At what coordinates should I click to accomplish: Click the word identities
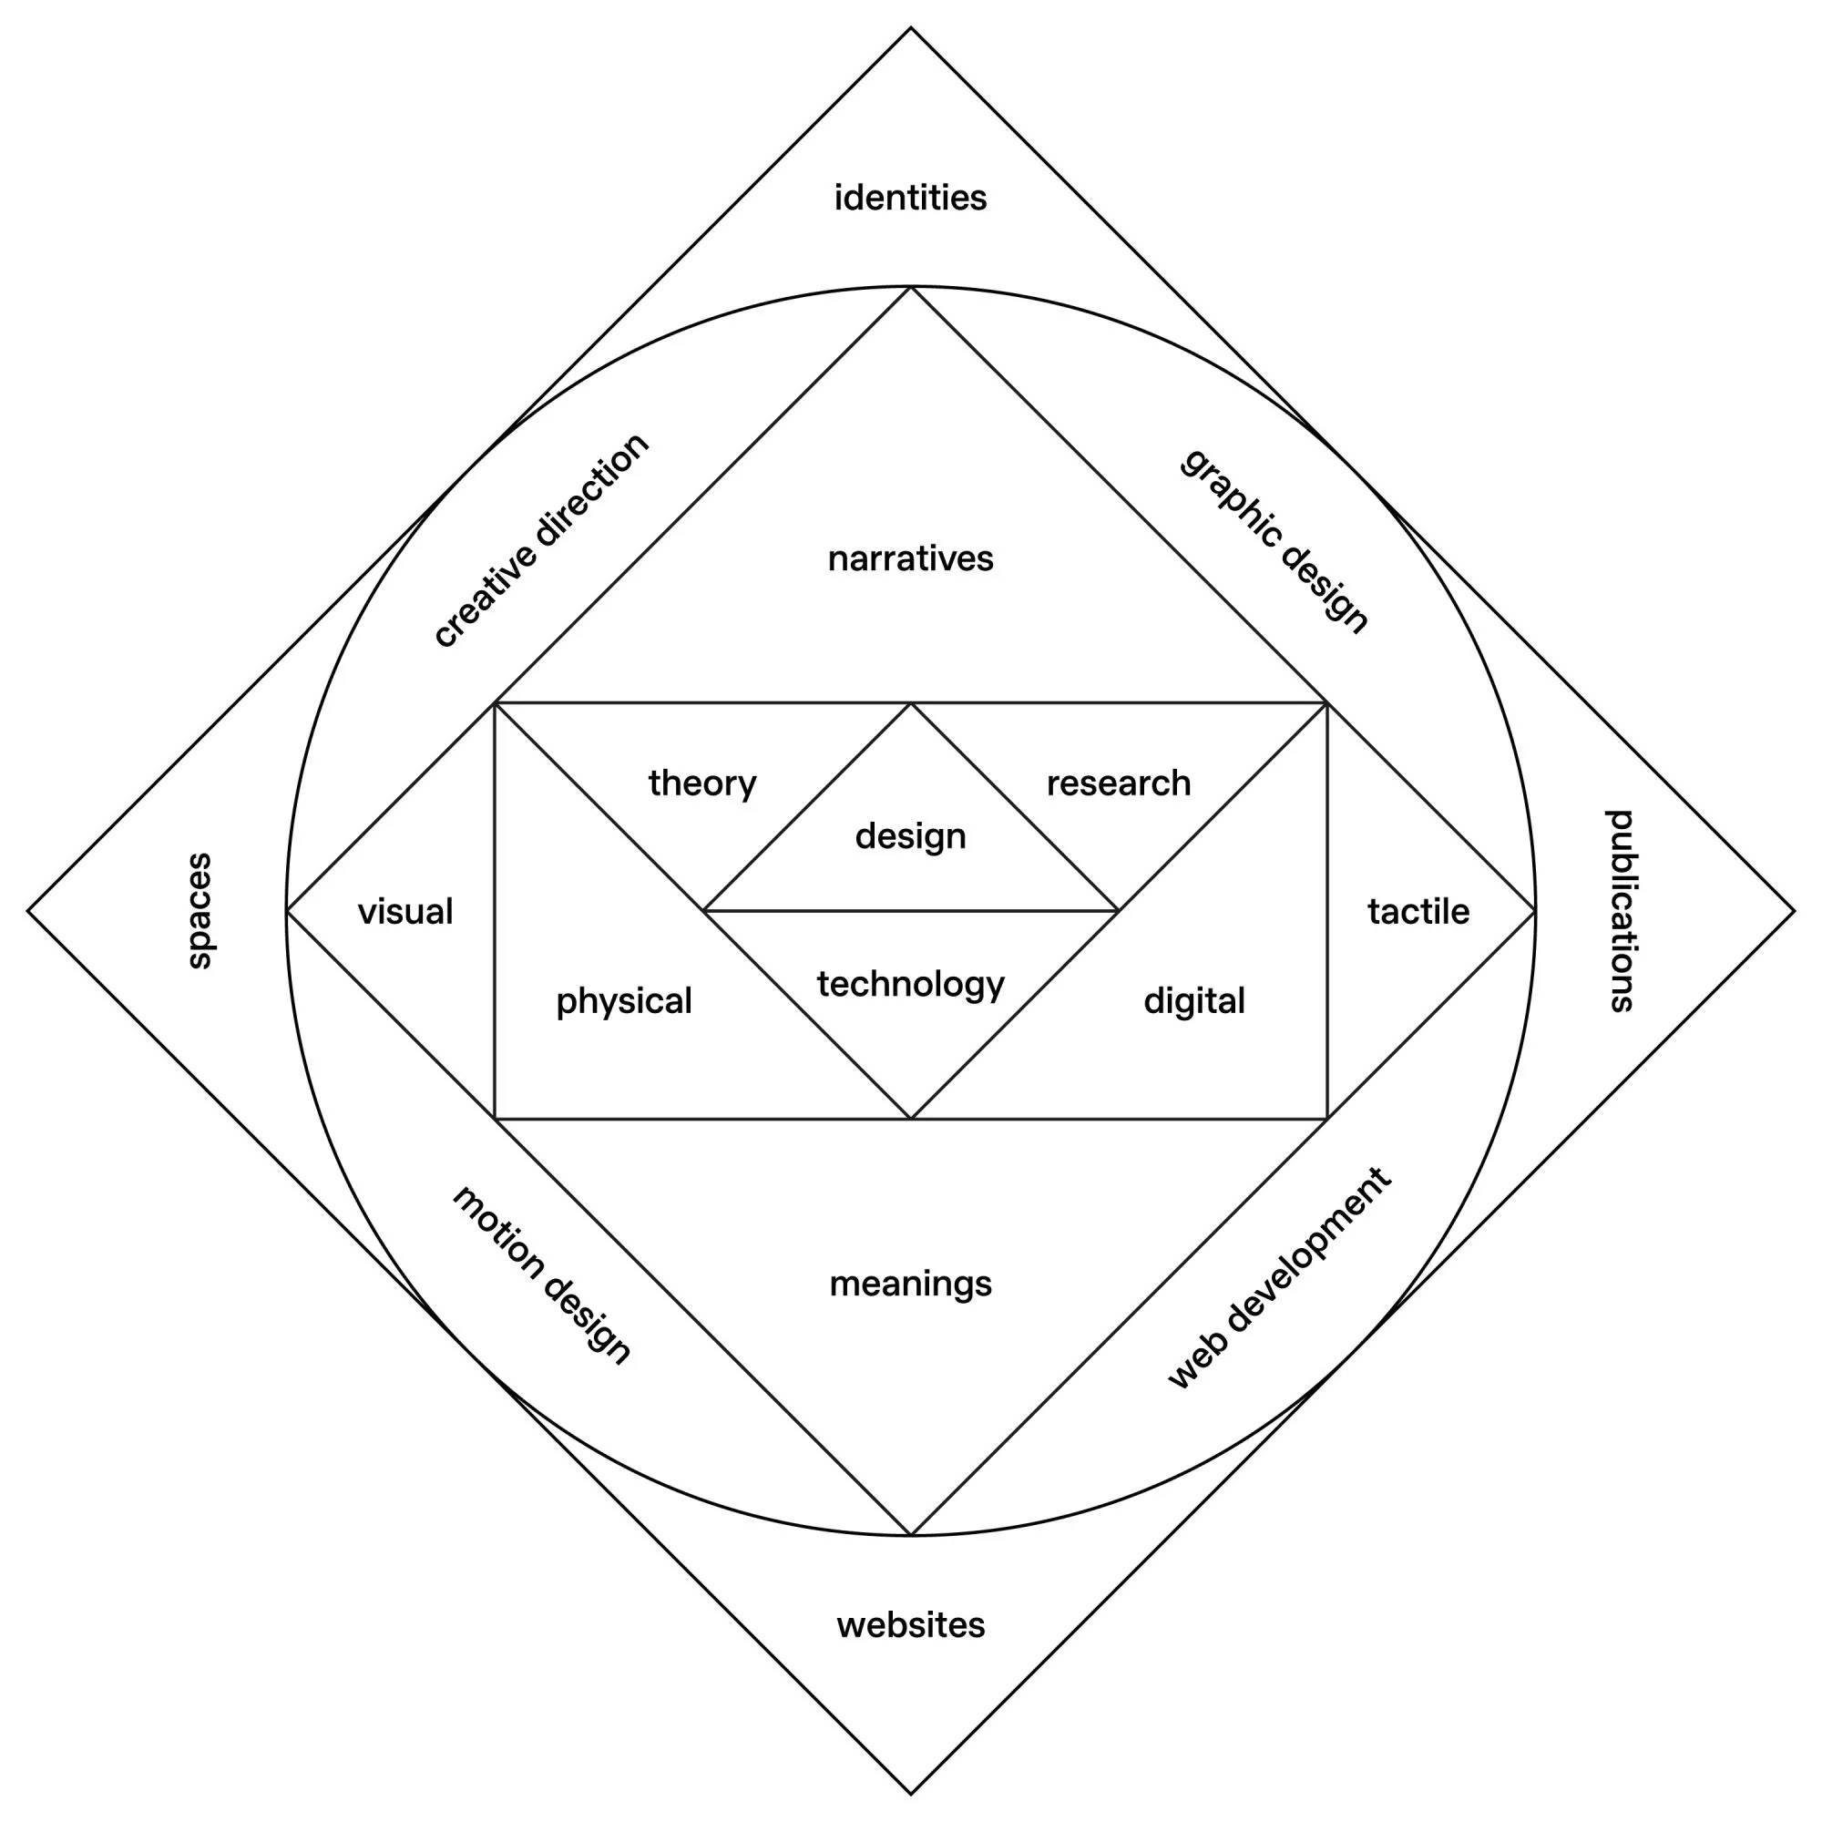pos(910,198)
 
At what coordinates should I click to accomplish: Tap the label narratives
pos(910,558)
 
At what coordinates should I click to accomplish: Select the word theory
pos(701,783)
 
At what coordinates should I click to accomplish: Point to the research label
pos(1119,783)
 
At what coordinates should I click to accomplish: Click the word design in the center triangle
pos(910,836)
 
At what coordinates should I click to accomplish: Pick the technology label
pos(910,985)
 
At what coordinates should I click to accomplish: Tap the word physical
pos(623,1001)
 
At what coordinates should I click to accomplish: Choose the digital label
pos(1194,1001)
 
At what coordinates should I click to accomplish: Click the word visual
pos(405,912)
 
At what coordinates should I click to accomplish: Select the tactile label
pos(1418,912)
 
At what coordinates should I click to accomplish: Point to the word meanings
pos(910,1285)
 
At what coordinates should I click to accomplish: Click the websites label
pos(910,1625)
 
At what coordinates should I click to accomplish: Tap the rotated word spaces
pos(199,911)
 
